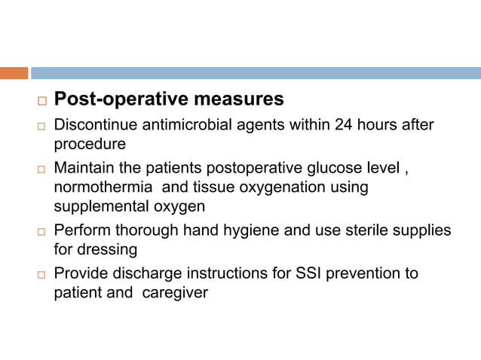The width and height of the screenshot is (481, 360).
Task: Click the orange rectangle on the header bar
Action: click(x=14, y=73)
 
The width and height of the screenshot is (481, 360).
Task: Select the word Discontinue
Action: click(x=95, y=124)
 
